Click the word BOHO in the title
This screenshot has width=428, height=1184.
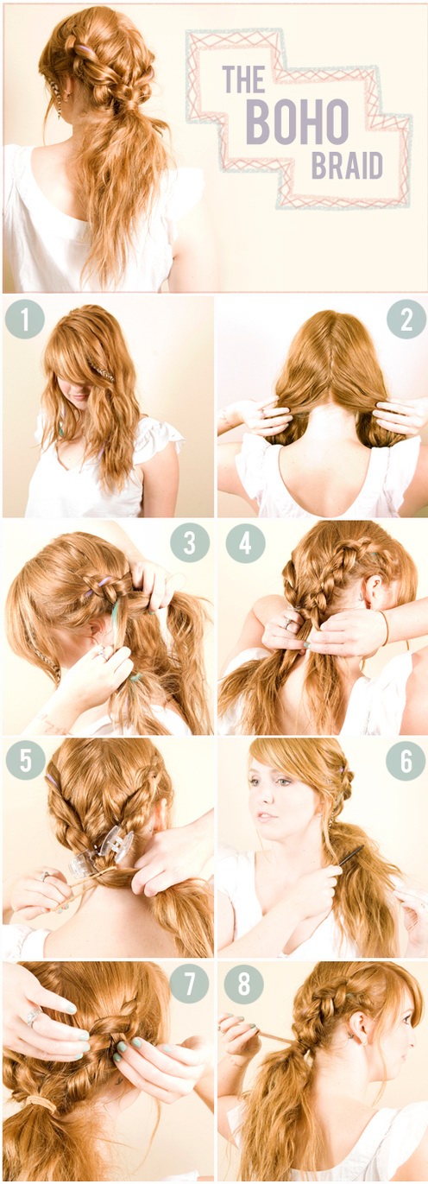298,123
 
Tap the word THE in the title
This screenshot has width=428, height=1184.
243,79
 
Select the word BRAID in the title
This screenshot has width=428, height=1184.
347,165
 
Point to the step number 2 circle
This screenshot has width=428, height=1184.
406,319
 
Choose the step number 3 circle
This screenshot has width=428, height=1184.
190,542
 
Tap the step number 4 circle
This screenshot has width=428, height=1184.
245,543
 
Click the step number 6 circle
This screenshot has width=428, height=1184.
406,761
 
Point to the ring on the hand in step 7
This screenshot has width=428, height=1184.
34,1016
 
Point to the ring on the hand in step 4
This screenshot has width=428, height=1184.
289,624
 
